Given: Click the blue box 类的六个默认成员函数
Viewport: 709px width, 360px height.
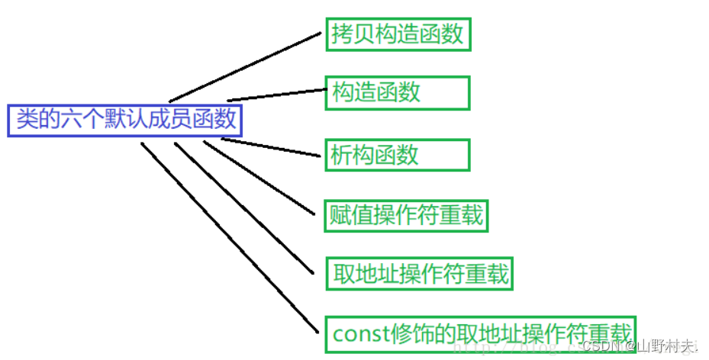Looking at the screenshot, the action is [x=124, y=120].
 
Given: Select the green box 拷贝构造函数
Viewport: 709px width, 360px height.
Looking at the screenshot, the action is [x=398, y=34].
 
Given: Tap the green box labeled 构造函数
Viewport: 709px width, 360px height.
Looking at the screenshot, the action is [x=398, y=93].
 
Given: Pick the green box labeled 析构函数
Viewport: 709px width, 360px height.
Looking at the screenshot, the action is [x=398, y=155].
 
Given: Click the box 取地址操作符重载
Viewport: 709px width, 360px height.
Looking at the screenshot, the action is [x=419, y=273].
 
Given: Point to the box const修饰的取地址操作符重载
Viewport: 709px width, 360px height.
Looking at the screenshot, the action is [x=481, y=334].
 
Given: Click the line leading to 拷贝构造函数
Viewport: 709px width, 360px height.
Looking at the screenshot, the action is [x=244, y=67].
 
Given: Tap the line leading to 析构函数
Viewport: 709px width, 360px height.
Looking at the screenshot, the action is [x=271, y=148].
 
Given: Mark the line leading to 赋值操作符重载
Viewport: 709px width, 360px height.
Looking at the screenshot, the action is [x=259, y=177].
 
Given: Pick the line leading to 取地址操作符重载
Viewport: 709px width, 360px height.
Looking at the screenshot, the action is [x=244, y=208].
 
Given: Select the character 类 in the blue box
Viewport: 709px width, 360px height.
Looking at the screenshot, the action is [x=28, y=120].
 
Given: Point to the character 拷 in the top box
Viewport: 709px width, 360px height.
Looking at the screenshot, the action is [x=341, y=34].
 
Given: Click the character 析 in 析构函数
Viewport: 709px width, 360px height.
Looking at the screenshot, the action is [x=341, y=155].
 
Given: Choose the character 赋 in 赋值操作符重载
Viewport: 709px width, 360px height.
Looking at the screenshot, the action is [x=341, y=216].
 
